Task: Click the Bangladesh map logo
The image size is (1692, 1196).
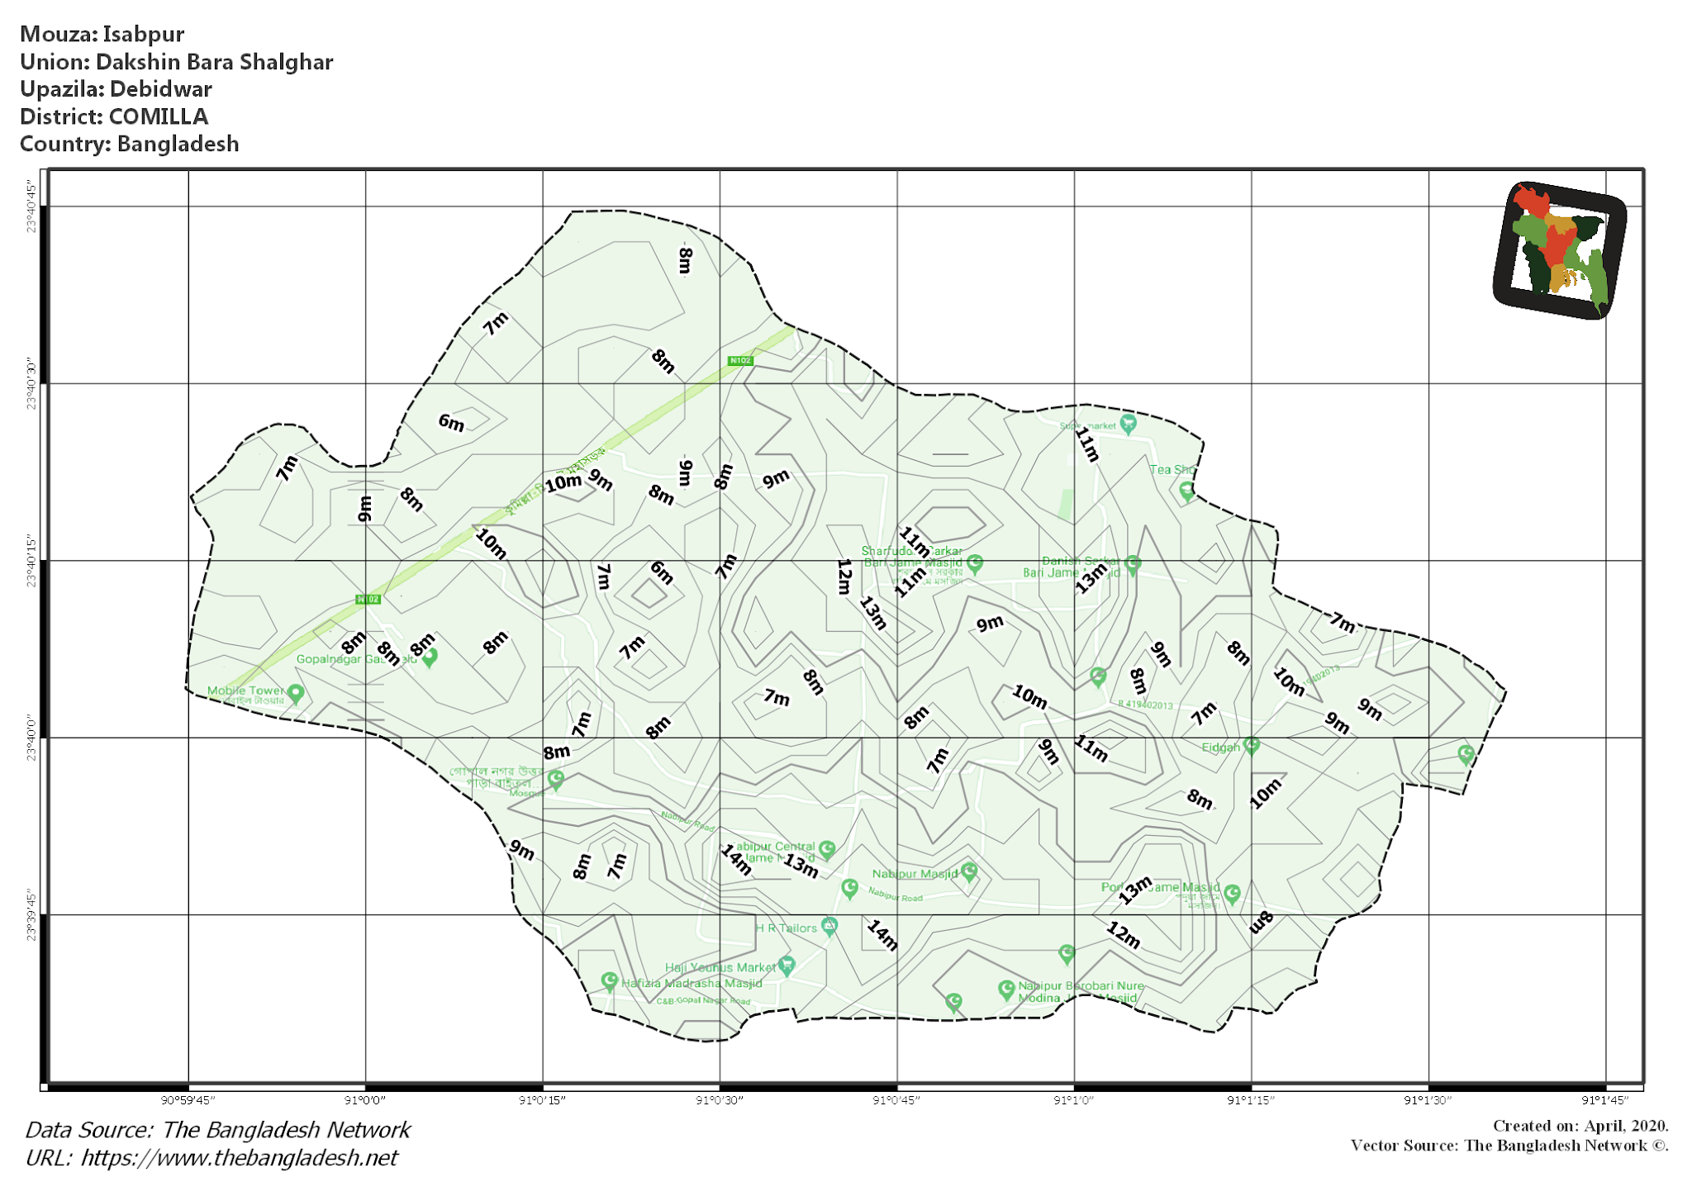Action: tap(1559, 249)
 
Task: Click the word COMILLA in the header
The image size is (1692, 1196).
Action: tap(158, 116)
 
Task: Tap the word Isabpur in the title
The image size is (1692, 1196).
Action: tap(143, 34)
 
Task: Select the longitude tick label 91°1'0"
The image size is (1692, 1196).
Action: tap(1073, 1100)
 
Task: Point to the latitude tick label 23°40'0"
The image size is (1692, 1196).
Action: tap(31, 738)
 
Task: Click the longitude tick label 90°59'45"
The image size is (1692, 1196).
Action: tap(188, 1100)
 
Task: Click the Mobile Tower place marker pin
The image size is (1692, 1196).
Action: tap(296, 694)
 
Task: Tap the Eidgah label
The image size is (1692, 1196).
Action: tap(1220, 747)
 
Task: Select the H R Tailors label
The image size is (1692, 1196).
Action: tap(786, 928)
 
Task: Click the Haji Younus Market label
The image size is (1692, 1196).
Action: tap(720, 967)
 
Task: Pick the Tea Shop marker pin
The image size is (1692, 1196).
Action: tap(1186, 491)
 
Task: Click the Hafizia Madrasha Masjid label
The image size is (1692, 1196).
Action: tap(692, 983)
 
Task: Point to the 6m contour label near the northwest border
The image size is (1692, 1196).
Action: tap(451, 423)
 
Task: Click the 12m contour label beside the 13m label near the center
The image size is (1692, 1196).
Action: tap(844, 577)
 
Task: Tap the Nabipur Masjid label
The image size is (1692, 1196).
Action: tap(915, 874)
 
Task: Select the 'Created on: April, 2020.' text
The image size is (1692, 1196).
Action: tap(1580, 1126)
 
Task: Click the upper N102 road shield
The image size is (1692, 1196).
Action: tap(739, 361)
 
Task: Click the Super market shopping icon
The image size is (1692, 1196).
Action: tap(1128, 425)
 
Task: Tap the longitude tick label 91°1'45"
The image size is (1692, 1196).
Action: tap(1604, 1100)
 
